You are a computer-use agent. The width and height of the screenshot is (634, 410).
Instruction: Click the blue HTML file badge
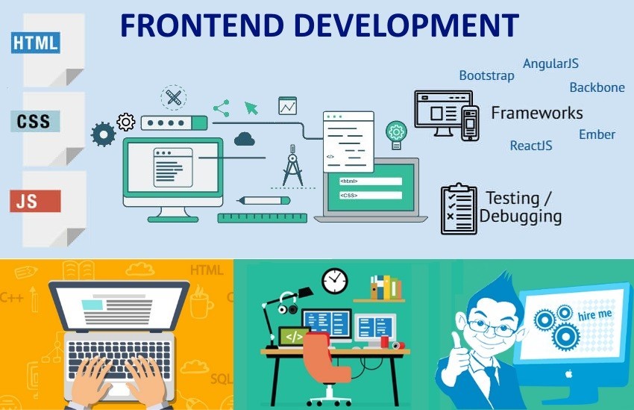coord(36,43)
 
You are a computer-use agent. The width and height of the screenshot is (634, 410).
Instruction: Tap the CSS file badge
coord(35,121)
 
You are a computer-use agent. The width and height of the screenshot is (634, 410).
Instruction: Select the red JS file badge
coord(35,201)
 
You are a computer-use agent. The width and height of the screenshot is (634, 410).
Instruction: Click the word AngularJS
coord(550,63)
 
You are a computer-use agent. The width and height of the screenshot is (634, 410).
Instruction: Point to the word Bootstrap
coord(486,75)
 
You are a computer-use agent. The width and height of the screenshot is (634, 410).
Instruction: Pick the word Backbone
coord(597,87)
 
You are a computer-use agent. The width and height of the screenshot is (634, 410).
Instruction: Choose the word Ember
coord(597,134)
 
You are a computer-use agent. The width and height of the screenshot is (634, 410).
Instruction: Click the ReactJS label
coord(531,146)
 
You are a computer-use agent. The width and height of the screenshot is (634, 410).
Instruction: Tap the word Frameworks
coord(537,113)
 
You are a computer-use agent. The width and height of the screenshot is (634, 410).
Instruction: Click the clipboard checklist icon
coord(459,209)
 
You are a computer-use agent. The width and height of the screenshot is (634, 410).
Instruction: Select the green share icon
coord(222,108)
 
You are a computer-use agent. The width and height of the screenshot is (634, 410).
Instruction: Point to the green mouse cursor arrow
coord(251,108)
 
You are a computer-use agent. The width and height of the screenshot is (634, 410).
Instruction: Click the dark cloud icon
coord(245,139)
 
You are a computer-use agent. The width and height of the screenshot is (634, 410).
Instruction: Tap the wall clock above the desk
coord(335,281)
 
